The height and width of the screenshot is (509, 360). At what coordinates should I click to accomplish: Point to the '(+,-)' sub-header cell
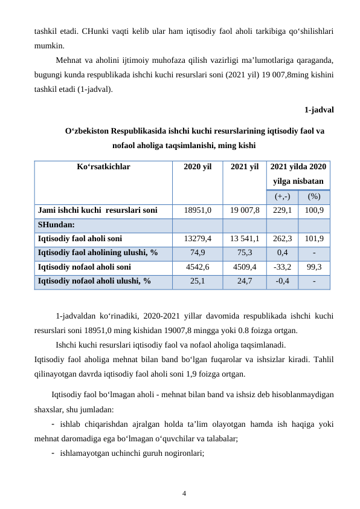point(282,196)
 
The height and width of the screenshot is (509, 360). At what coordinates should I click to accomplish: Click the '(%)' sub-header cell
point(313,196)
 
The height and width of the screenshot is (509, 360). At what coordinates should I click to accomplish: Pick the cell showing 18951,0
point(197,210)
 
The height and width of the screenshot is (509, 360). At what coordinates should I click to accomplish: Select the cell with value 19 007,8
point(244,210)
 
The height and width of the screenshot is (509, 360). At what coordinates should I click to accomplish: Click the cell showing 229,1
point(282,210)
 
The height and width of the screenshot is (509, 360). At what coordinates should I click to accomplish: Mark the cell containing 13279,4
point(197,239)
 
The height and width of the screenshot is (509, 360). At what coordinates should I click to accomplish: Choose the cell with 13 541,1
point(244,239)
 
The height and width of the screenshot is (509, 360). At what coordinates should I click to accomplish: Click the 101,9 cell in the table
point(313,239)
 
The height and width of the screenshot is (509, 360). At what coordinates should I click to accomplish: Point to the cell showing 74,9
point(197,253)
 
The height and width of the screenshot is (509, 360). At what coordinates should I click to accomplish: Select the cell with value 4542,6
point(197,267)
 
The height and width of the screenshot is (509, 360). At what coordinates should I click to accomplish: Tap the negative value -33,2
point(282,267)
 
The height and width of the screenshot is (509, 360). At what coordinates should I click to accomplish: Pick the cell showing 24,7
point(244,280)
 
